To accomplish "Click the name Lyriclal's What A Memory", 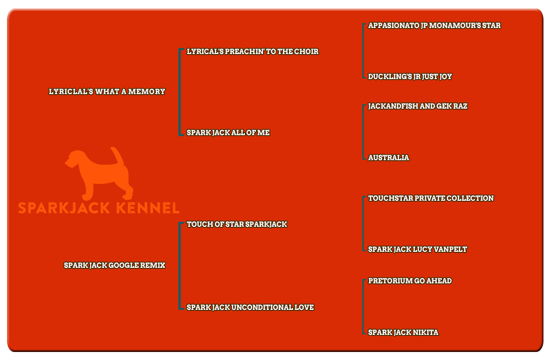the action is (x=107, y=92).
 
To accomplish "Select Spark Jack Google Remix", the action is (x=114, y=265).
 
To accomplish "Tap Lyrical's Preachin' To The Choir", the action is (x=252, y=52).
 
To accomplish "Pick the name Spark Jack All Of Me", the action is (x=228, y=133).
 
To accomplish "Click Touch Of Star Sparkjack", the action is (x=237, y=224).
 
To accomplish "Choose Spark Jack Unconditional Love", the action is (x=250, y=307).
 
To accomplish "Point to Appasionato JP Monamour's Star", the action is (x=434, y=26).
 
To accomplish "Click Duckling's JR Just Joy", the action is (x=410, y=77).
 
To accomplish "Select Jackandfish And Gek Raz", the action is (x=417, y=106).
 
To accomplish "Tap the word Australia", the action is (x=388, y=158).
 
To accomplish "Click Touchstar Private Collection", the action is (x=431, y=198).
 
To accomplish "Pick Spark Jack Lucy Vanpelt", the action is (x=417, y=249).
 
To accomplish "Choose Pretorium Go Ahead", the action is (x=410, y=281).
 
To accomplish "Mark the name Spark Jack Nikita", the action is (x=403, y=332).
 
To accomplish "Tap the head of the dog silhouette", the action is (x=76, y=159).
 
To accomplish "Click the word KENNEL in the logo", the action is (x=148, y=208).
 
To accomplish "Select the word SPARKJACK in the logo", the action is (x=64, y=208).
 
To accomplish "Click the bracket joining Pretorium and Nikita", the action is (x=363, y=307).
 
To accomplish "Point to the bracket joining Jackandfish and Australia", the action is (x=363, y=132).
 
